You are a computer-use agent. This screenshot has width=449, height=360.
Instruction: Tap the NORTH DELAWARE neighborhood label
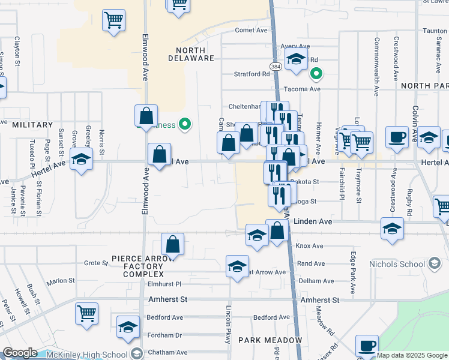pyautogui.click(x=195, y=54)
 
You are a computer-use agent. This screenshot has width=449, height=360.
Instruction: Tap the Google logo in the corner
pyautogui.click(x=20, y=353)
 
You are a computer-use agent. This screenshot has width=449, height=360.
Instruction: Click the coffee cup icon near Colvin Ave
pyautogui.click(x=397, y=136)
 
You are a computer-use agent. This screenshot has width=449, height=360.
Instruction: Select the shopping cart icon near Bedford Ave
pyautogui.click(x=87, y=313)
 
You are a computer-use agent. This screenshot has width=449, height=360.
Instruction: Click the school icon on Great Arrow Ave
pyautogui.click(x=237, y=265)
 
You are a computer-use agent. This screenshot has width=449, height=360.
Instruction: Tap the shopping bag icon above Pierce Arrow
pyautogui.click(x=172, y=244)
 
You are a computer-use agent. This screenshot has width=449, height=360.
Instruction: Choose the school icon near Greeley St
pyautogui.click(x=81, y=159)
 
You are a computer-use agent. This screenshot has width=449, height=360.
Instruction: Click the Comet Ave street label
pyautogui.click(x=251, y=30)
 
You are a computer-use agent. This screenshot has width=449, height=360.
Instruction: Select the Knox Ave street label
pyautogui.click(x=310, y=246)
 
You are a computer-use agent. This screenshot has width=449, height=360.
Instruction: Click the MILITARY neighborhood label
pyautogui.click(x=32, y=125)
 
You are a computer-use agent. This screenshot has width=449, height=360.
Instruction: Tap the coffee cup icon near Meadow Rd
pyautogui.click(x=367, y=345)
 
